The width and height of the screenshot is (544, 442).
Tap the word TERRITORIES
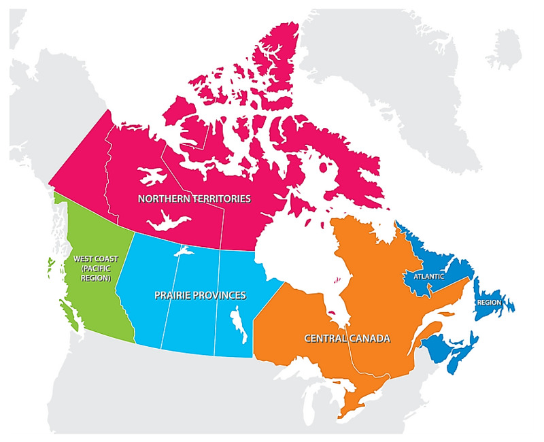220,199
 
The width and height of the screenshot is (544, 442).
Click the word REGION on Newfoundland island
490,302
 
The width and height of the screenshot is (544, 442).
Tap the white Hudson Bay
299,252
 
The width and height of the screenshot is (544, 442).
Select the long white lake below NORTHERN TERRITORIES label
164,221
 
